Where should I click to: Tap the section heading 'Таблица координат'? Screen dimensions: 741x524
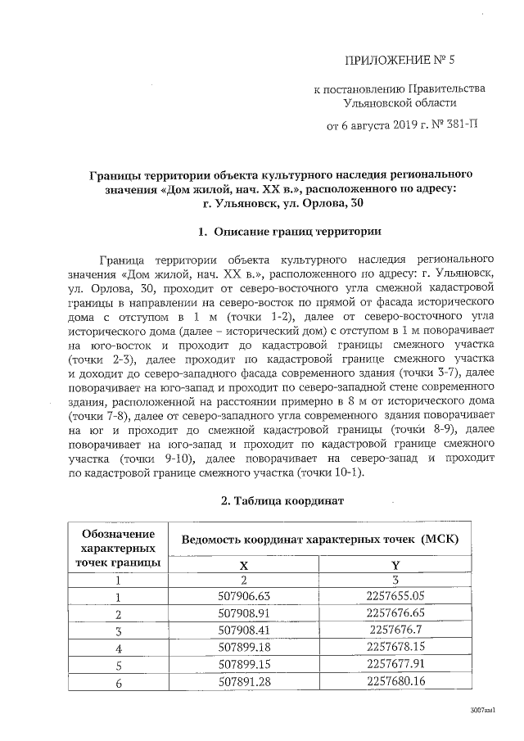(283, 499)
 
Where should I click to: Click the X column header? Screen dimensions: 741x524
(243, 565)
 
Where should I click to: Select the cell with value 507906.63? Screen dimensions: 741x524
(243, 596)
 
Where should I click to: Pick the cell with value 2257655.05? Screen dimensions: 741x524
(396, 596)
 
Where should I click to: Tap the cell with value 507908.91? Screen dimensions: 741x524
(243, 613)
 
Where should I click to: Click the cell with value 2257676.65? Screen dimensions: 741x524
(396, 613)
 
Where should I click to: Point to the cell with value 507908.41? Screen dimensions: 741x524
(243, 630)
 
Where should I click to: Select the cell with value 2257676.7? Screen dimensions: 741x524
(396, 630)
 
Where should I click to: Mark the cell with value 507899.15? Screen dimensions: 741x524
(243, 664)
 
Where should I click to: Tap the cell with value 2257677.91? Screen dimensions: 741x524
(396, 664)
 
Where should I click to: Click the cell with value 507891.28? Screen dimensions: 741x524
(243, 681)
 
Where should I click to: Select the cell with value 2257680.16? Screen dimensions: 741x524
(396, 681)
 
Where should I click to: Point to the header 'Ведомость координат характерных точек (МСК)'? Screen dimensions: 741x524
(319, 540)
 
